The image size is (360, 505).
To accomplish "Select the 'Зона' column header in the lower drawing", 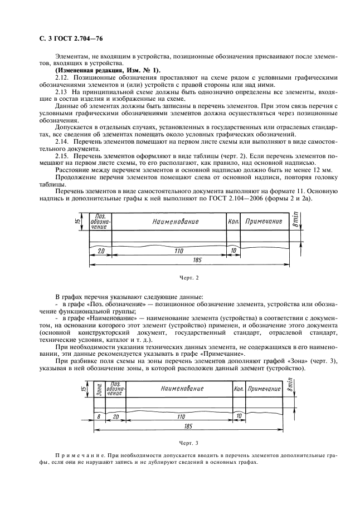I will tap(99, 389).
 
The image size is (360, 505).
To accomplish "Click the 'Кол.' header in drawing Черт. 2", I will tap(233, 222).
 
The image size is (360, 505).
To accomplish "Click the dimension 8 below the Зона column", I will tap(99, 415).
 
